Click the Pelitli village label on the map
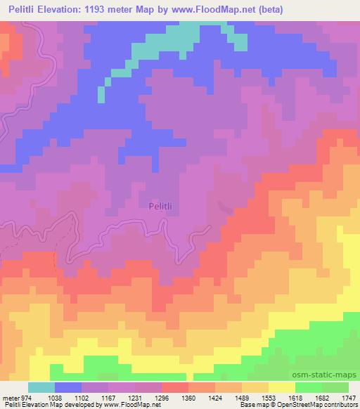(160, 206)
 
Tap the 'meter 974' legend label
(13, 397)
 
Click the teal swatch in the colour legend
(41, 387)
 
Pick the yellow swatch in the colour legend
(282, 387)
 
